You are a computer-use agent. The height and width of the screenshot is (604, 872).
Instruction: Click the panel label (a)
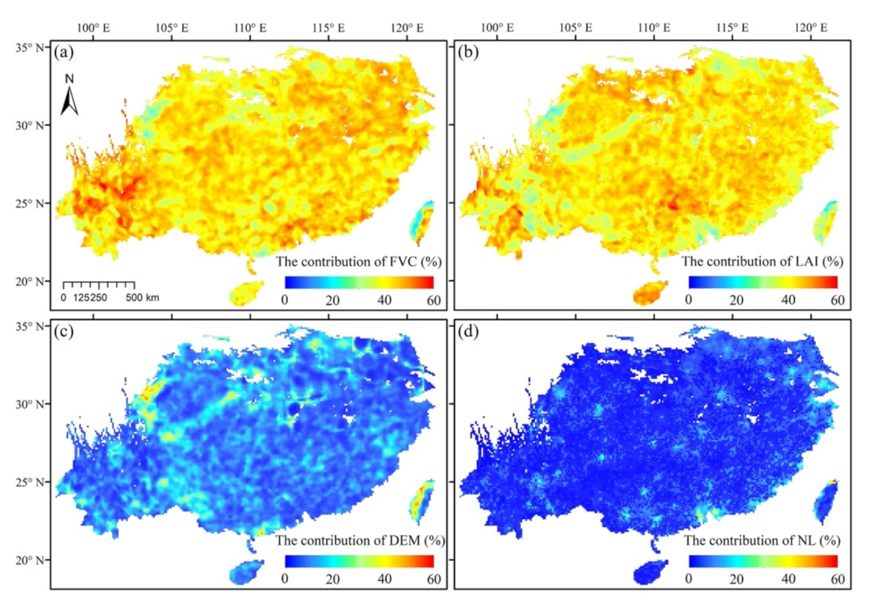[67, 52]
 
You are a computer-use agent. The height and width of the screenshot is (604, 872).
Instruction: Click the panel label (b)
[470, 52]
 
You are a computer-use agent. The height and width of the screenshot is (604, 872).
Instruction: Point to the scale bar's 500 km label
[146, 298]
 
